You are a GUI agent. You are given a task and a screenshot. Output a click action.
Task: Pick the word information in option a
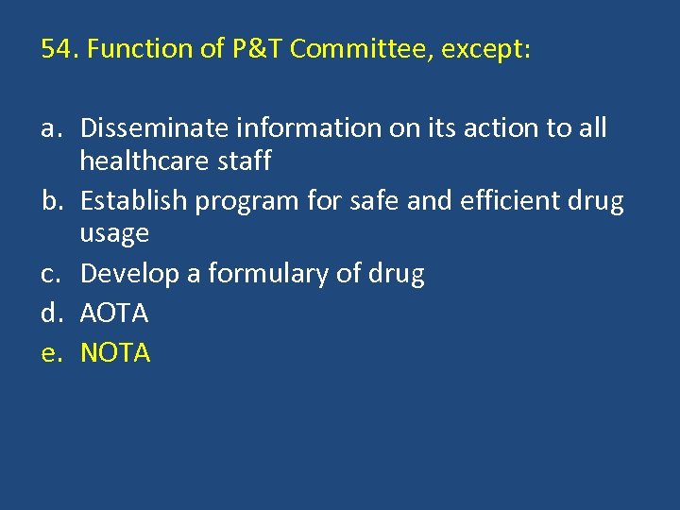290,127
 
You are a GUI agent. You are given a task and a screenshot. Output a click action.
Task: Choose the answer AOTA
114,313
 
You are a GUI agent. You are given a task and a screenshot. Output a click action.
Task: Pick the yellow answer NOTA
115,352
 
